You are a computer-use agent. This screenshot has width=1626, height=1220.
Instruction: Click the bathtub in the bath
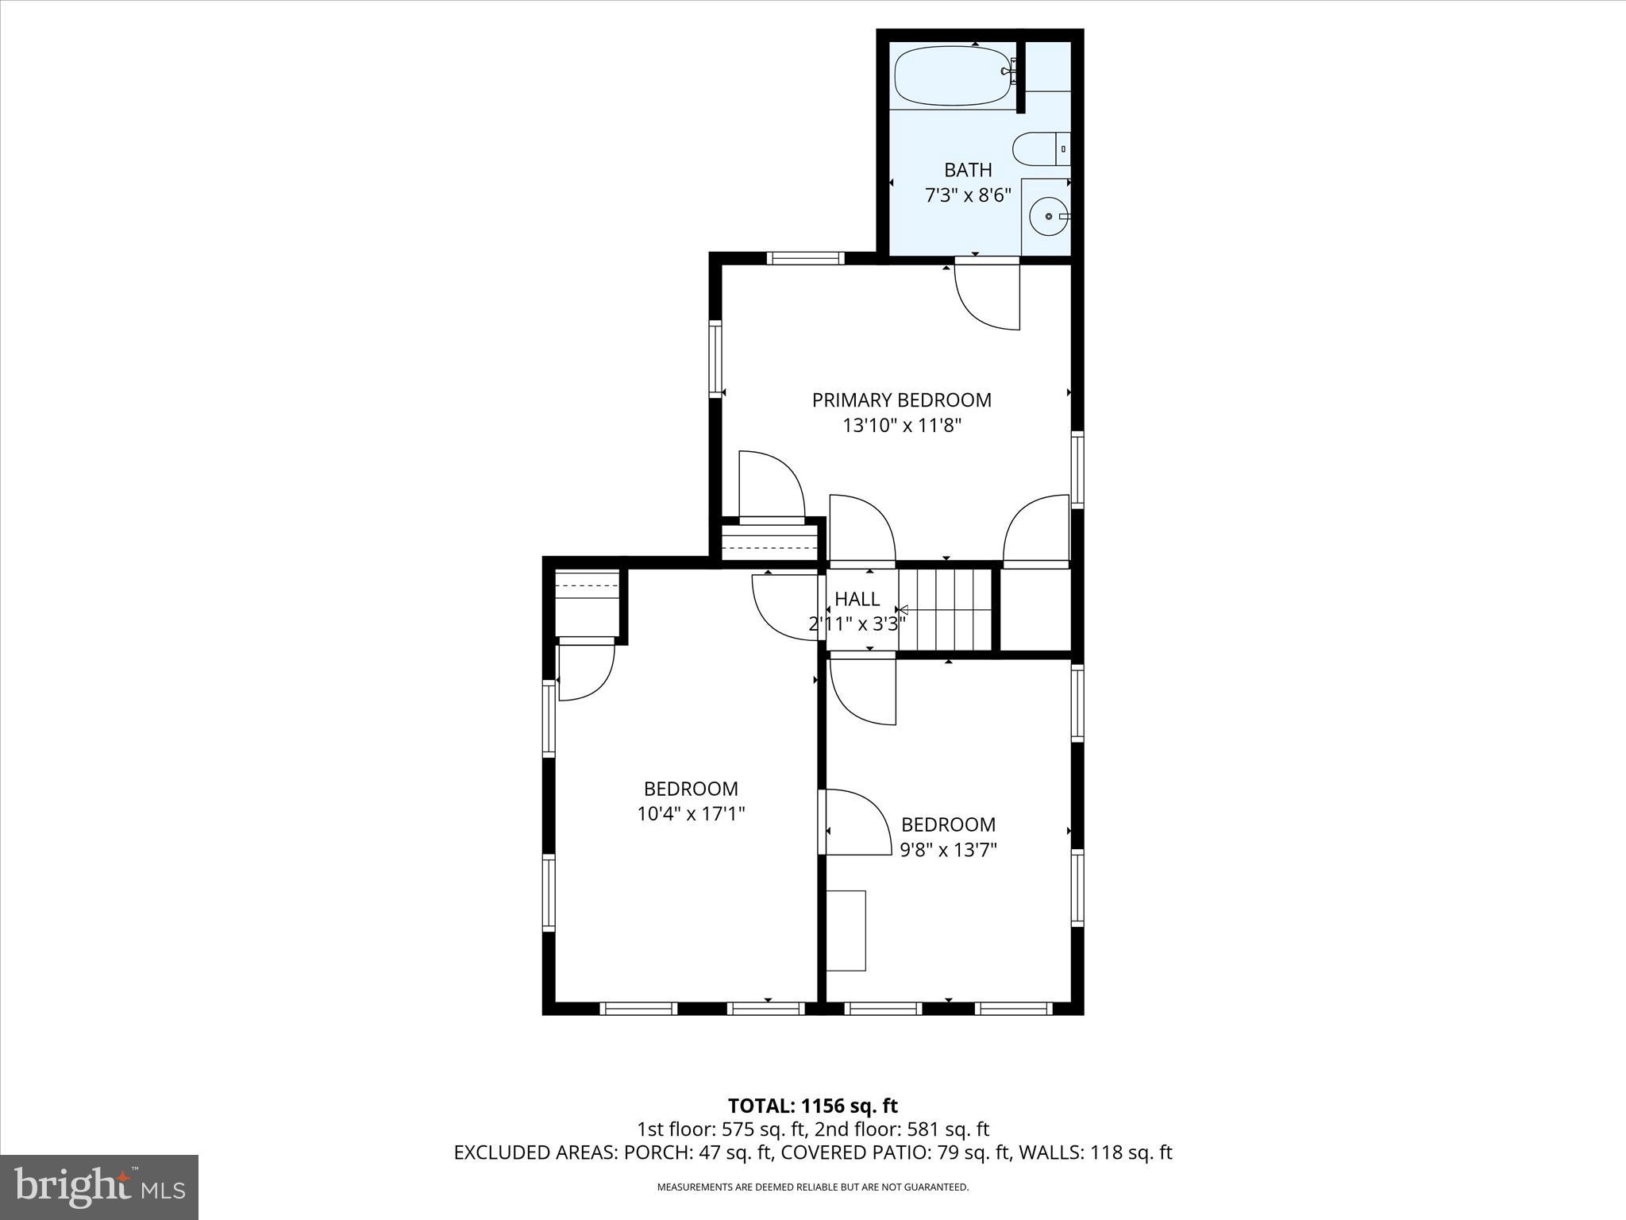coord(951,77)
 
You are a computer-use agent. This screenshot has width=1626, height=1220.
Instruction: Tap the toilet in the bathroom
coord(1038,149)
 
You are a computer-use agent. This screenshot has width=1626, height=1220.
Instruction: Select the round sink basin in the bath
coord(1049,216)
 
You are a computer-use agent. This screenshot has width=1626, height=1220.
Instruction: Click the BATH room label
coord(967,170)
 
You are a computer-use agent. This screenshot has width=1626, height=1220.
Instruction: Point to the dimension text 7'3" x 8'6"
coord(967,195)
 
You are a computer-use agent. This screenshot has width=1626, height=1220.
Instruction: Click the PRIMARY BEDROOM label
coord(901,400)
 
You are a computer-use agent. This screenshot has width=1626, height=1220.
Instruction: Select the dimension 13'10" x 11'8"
coord(901,426)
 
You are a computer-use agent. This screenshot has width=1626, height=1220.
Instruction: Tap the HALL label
coord(857,599)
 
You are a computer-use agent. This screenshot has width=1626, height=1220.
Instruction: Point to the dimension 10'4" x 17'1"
coord(691,814)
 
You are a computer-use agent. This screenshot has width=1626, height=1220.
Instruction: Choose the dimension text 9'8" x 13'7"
coord(948,850)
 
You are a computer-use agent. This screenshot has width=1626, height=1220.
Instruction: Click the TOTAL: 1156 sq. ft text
coord(812,1106)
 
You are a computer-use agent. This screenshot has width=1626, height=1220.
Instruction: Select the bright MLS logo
coord(99,1187)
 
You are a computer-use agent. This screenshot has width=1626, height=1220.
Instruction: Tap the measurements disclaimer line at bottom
coord(812,1187)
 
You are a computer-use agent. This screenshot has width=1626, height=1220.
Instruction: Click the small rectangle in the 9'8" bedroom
coord(846,930)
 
